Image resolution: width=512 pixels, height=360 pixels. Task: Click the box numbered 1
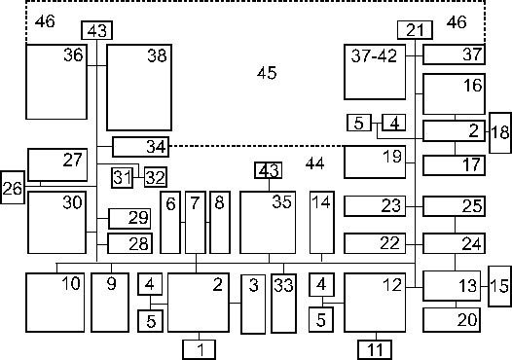[199, 349]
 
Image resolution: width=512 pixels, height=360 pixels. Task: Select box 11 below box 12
[375, 349]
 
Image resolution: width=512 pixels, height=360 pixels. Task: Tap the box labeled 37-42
[375, 72]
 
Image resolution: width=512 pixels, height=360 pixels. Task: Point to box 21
[415, 30]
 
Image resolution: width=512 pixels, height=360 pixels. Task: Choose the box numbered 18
[500, 132]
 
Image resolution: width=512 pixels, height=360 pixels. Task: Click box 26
[13, 188]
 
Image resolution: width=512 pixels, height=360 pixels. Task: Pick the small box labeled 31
[122, 177]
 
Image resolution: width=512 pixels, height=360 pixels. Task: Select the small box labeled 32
[156, 177]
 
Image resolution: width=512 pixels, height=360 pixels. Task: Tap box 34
[141, 147]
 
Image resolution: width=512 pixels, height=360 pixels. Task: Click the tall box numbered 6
[170, 222]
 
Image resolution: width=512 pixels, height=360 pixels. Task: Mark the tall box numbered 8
[220, 222]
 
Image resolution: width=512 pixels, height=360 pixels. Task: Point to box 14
[322, 222]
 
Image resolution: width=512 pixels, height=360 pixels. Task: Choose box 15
[500, 286]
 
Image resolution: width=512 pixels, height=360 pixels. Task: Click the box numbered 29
[129, 218]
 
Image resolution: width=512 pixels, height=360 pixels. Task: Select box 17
[454, 165]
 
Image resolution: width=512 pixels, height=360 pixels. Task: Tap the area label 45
[267, 73]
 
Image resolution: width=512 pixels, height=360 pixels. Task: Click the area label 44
[315, 163]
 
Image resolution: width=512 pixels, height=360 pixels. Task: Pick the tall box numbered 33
[284, 304]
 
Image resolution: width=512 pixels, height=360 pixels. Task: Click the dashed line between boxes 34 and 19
[257, 146]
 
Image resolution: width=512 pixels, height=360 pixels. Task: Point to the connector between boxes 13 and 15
[484, 286]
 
